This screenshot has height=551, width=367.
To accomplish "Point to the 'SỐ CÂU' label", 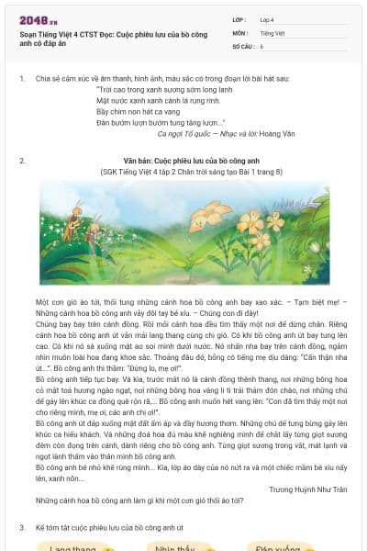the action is (242, 45).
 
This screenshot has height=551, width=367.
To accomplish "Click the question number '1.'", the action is (22, 79).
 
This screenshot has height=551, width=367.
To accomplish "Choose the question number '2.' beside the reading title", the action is (22, 161).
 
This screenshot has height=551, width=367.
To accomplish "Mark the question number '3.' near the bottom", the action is (22, 528).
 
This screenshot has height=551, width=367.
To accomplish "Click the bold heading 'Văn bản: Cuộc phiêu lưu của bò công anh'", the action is (191, 161).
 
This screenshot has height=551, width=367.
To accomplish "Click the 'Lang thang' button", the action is (73, 547).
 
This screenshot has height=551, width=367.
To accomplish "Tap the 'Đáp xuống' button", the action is (275, 547).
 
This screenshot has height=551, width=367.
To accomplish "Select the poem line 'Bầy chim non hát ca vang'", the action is (140, 111).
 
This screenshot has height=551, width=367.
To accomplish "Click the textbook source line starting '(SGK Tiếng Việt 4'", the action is (191, 171).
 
